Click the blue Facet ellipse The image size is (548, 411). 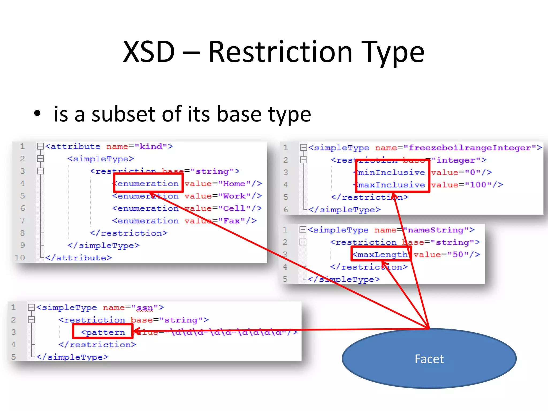tap(429, 359)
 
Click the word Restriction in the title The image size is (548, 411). tap(280, 52)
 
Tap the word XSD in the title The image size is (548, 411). tap(149, 52)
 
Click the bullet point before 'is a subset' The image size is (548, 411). tap(37, 113)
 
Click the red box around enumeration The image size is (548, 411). tap(148, 183)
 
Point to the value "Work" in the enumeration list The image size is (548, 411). tap(234, 196)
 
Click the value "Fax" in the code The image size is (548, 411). tap(231, 221)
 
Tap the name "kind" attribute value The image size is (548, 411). tap(151, 147)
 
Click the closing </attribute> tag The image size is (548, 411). tap(78, 258)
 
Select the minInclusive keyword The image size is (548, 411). tap(391, 173)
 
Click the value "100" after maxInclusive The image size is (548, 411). tap(478, 185)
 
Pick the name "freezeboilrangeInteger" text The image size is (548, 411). tap(470, 148)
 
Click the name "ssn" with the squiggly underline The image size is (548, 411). tap(145, 308)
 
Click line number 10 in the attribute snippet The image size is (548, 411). tap(20, 258)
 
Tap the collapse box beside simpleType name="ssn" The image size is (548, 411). tap(31, 307)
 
